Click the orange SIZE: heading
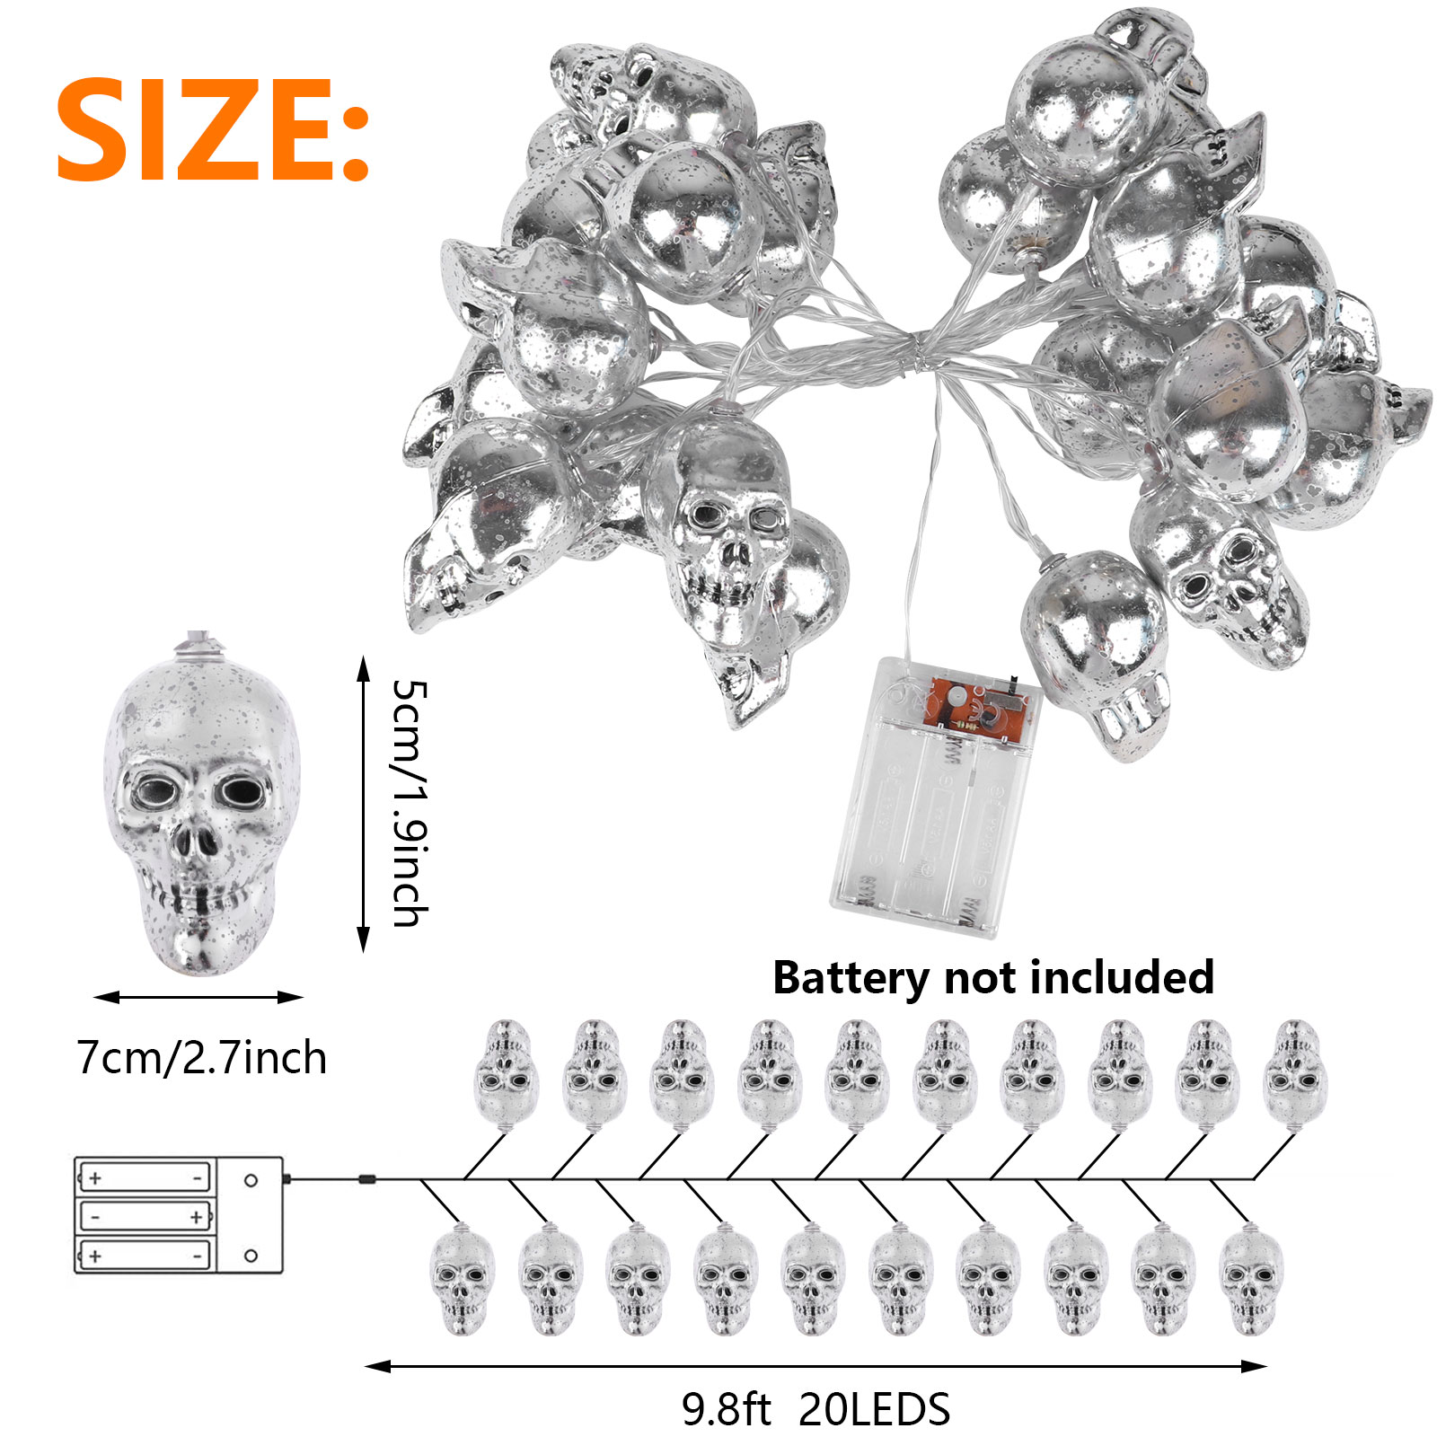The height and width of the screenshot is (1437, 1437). pos(213,129)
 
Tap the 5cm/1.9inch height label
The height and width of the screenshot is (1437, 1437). pos(410,802)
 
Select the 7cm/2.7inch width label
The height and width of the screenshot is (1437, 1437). pos(201,1057)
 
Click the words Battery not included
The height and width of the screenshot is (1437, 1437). pos(992,977)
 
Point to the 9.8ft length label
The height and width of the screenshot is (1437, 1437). pos(726,1408)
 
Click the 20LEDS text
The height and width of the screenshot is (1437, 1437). pos(874,1408)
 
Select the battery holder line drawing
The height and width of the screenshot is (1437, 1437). pos(178,1214)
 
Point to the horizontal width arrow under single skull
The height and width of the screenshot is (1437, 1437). pos(198,997)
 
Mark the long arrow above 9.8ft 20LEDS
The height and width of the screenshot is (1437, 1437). pos(815,1366)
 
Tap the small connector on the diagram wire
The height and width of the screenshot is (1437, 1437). pos(366,1178)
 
